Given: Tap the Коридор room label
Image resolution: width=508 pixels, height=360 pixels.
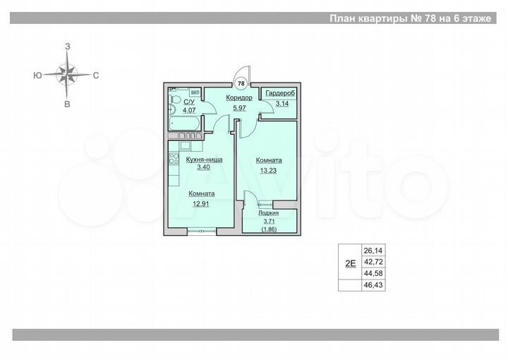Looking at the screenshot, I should pos(239,98).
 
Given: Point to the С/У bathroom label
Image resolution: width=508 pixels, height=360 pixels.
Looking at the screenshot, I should pos(188,102).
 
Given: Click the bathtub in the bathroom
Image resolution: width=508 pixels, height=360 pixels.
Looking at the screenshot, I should pos(183,124).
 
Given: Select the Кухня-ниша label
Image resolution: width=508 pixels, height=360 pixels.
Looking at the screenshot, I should pos(204,160).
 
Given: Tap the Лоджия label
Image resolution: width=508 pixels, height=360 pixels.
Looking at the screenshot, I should pos(268,212).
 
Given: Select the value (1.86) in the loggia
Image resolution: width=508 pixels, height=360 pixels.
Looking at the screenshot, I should pos(268,229).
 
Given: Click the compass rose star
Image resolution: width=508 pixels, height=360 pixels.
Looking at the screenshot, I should pos(67,74).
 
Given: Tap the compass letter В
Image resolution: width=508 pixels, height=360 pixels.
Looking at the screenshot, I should pos(67,104).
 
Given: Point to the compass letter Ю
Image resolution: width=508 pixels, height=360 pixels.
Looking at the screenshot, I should pos(36,74).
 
